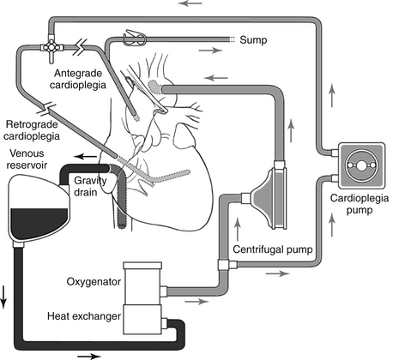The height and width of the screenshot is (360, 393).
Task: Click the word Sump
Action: coord(253,40)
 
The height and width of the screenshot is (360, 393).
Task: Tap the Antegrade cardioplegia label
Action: coord(78,79)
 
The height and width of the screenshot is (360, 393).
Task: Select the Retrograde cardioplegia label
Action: coord(32,130)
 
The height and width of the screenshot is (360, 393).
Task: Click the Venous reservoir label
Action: coord(27,159)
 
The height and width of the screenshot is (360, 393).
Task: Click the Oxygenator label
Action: coord(94,282)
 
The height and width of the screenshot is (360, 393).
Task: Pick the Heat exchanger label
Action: coord(84,316)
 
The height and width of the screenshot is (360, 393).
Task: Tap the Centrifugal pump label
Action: coord(273,249)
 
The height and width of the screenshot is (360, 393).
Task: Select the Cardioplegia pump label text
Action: coord(360,204)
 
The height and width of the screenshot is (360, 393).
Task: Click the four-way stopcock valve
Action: coord(51,47)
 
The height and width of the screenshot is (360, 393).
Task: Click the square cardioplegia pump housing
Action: coord(361,165)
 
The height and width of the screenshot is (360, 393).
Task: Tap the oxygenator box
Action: coord(142,283)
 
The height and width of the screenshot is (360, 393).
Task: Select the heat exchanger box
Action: coord(142,319)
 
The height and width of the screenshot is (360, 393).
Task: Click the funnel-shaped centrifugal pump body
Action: coord(269,198)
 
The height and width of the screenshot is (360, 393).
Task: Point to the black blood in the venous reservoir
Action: coord(39,223)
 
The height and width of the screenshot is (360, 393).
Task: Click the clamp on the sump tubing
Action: coord(135,39)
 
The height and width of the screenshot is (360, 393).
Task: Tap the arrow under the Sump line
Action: coord(210,51)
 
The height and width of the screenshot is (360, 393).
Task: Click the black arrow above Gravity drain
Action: coord(86,156)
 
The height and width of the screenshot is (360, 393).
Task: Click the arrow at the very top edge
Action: coord(190,3)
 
